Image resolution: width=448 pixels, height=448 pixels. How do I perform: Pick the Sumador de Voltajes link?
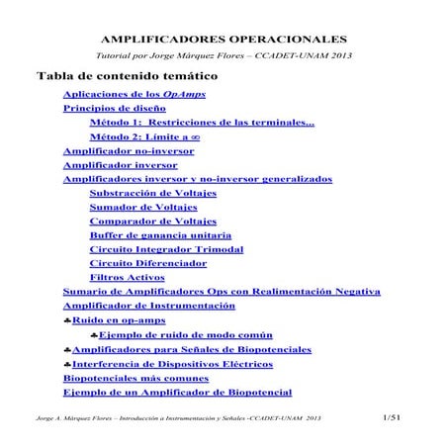[x=142, y=208]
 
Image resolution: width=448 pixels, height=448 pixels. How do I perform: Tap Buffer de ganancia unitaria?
[x=160, y=236]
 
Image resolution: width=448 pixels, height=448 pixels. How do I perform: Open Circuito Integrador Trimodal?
[x=159, y=250]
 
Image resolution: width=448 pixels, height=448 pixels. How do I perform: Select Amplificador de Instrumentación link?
[x=159, y=308]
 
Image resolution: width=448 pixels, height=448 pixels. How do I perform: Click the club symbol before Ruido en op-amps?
[x=66, y=322]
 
